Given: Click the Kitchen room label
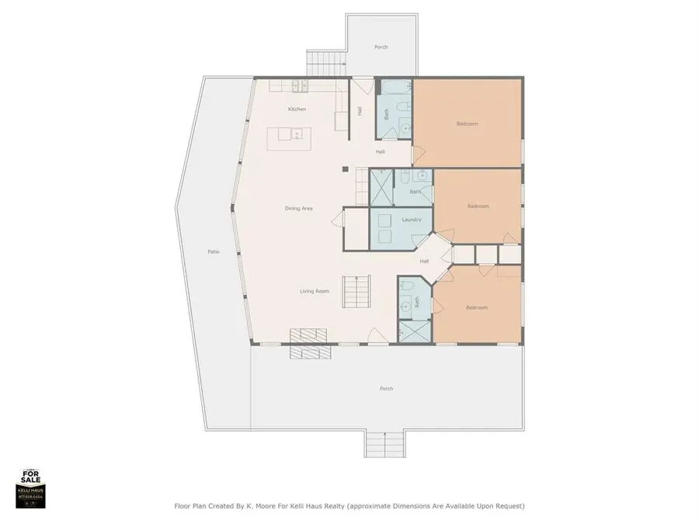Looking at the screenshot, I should click(297, 109).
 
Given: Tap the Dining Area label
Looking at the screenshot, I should click(298, 208).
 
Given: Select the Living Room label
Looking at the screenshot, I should click(315, 291).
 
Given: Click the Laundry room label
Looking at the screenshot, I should click(412, 220).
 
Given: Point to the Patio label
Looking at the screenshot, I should click(213, 252).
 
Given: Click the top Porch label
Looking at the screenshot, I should click(381, 47).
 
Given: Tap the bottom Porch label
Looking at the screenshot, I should click(387, 388).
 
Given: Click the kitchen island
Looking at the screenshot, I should click(290, 138).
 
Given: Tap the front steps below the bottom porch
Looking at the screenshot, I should click(384, 444).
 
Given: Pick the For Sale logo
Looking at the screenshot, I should click(31, 488).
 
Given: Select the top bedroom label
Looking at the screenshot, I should click(467, 123).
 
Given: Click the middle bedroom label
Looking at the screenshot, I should click(478, 206).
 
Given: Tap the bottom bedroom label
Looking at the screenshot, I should click(477, 307).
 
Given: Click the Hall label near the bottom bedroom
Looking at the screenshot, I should click(424, 261).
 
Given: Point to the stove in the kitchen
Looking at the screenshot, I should click(300, 86).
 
